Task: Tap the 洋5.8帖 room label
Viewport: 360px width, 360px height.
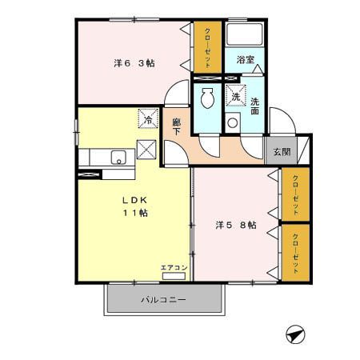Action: click(x=235, y=226)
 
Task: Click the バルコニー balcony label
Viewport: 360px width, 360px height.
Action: click(x=164, y=300)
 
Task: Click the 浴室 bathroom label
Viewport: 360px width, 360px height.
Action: click(x=246, y=60)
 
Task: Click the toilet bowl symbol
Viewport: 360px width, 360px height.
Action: click(x=207, y=99)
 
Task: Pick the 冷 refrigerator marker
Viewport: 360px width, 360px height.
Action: click(x=148, y=118)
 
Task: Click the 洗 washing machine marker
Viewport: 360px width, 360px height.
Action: click(x=235, y=97)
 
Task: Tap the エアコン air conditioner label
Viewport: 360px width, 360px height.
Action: click(x=174, y=267)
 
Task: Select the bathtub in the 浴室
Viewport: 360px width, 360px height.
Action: click(x=246, y=35)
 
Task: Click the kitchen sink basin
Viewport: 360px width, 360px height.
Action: click(x=118, y=157)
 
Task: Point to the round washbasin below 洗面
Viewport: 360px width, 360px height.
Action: click(x=233, y=124)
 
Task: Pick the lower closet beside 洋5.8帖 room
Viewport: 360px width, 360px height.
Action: click(x=295, y=252)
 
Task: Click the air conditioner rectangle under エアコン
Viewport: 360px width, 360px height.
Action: click(x=174, y=276)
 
